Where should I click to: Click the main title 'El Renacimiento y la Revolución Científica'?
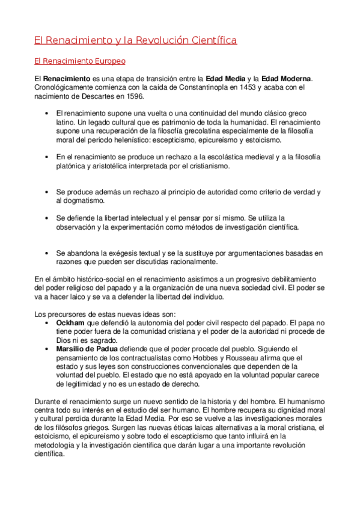135,40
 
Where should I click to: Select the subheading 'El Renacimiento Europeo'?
79,61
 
